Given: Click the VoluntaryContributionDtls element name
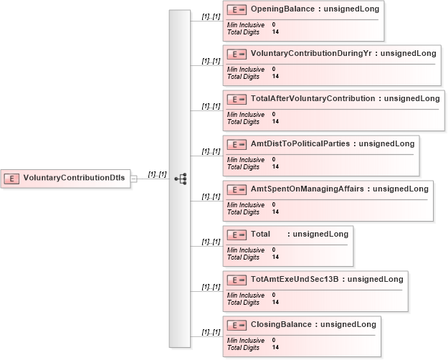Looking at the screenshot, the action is pyautogui.click(x=74, y=178).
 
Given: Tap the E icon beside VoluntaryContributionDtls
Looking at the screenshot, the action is pyautogui.click(x=11, y=179).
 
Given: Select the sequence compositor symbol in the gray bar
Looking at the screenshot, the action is pyautogui.click(x=181, y=179).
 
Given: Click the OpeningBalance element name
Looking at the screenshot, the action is pyautogui.click(x=282, y=9).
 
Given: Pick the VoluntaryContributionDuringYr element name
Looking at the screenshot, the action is pyautogui.click(x=311, y=54).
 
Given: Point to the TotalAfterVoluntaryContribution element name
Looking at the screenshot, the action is pyautogui.click(x=313, y=99).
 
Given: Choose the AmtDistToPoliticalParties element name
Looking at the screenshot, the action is pyautogui.click(x=300, y=143).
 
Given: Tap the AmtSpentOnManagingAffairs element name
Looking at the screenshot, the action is pyautogui.click(x=307, y=189).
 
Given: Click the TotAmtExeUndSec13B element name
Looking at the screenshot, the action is pyautogui.click(x=295, y=279).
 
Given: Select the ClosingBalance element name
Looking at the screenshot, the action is pyautogui.click(x=281, y=324).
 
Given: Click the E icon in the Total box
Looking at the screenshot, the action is pyautogui.click(x=237, y=235).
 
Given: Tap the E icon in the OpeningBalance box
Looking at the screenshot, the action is pyautogui.click(x=237, y=10).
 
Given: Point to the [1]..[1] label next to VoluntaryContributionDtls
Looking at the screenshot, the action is pyautogui.click(x=157, y=174).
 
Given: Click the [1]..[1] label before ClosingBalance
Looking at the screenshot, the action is pyautogui.click(x=211, y=332).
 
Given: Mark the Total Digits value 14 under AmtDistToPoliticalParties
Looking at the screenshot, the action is pyautogui.click(x=275, y=166).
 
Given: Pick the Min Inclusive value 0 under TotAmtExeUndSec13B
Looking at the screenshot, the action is pyautogui.click(x=274, y=295).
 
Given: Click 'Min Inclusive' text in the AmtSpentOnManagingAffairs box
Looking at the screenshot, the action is pyautogui.click(x=246, y=205).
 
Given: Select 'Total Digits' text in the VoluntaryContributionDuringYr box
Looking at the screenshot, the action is pyautogui.click(x=243, y=77).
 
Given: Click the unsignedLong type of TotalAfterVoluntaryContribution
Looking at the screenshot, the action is pyautogui.click(x=411, y=99).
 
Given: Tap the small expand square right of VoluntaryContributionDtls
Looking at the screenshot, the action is pyautogui.click(x=134, y=179).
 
